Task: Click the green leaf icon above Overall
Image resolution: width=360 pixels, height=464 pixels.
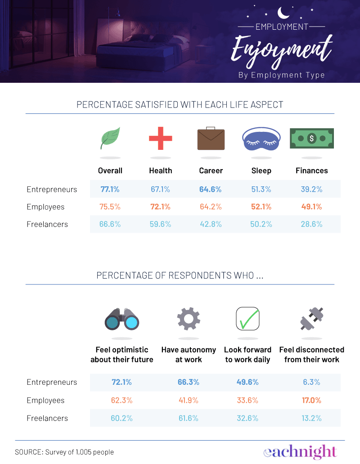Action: [x=110, y=138]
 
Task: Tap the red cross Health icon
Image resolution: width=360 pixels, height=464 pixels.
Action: [x=161, y=138]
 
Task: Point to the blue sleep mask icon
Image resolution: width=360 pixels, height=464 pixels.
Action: [x=261, y=139]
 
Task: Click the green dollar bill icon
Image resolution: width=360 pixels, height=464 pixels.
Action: [x=311, y=138]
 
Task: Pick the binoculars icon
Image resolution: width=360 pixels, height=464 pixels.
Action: [x=122, y=320]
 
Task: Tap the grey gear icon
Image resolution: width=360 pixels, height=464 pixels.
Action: [x=188, y=319]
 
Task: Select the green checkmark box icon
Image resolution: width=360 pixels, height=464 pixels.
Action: [x=248, y=319]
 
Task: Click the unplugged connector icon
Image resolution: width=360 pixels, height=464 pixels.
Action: [x=311, y=319]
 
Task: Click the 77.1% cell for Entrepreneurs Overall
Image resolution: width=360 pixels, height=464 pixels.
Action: [x=110, y=189]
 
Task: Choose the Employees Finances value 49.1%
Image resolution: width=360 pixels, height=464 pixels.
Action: [x=311, y=207]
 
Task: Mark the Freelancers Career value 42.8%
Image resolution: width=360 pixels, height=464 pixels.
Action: [x=211, y=224]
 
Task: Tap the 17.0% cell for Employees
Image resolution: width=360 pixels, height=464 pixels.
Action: [x=311, y=400]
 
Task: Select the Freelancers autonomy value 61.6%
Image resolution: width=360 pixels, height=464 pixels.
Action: [x=188, y=418]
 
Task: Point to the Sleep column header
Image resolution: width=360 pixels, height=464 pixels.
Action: [x=261, y=171]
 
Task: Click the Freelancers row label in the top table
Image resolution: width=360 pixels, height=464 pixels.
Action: [x=47, y=224]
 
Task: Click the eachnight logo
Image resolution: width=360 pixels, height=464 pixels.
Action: [x=300, y=451]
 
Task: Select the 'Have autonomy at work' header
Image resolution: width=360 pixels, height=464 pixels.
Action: [x=189, y=355]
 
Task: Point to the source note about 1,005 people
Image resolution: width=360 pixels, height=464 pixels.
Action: [x=64, y=452]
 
